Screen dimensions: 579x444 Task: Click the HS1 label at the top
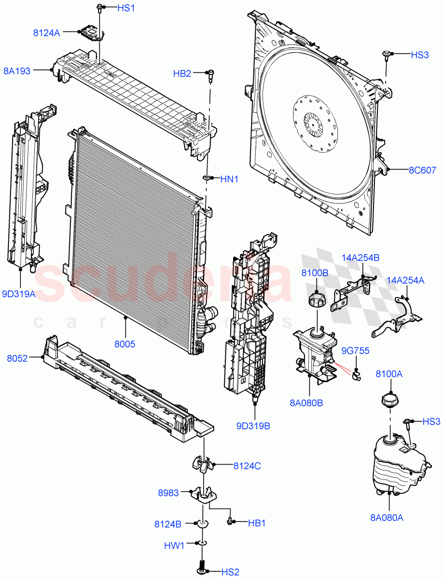114,8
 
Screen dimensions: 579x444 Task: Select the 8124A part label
46,33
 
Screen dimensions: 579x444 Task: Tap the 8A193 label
17,71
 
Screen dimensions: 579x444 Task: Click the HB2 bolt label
182,73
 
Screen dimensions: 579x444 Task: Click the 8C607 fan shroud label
422,170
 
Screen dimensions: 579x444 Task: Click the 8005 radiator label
125,345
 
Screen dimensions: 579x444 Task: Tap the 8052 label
17,358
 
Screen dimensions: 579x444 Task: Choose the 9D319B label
253,426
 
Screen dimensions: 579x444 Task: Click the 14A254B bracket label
361,258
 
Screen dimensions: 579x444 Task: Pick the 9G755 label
356,351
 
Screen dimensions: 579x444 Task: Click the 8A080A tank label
387,518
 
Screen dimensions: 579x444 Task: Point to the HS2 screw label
230,572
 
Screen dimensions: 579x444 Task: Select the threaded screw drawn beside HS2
202,565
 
